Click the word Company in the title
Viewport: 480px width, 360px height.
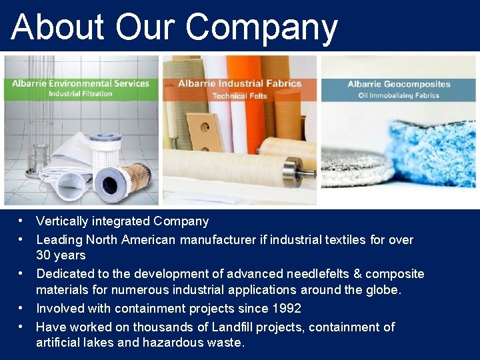click(261, 28)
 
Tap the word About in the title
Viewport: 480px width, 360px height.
click(58, 28)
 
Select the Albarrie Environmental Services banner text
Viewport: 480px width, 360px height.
click(80, 83)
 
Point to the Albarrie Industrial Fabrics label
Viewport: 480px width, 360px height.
click(240, 84)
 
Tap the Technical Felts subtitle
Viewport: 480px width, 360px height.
click(240, 96)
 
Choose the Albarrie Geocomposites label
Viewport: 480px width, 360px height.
click(399, 84)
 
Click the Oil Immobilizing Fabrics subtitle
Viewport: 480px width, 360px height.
click(399, 95)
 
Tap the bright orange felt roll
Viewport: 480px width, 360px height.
click(244, 107)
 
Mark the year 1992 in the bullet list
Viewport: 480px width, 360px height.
click(286, 309)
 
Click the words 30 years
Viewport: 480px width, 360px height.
click(61, 255)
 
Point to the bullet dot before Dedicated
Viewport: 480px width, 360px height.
click(22, 273)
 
